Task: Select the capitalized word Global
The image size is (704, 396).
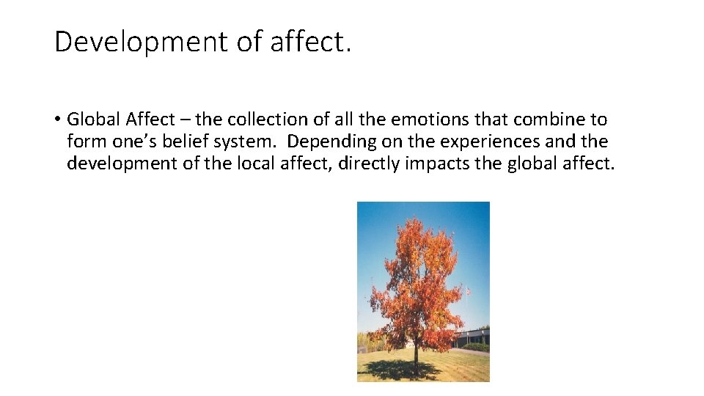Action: point(94,119)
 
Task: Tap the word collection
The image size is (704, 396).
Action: point(256,119)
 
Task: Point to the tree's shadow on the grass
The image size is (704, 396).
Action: point(389,370)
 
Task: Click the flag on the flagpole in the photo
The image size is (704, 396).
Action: point(468,293)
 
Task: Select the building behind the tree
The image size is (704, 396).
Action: point(473,339)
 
